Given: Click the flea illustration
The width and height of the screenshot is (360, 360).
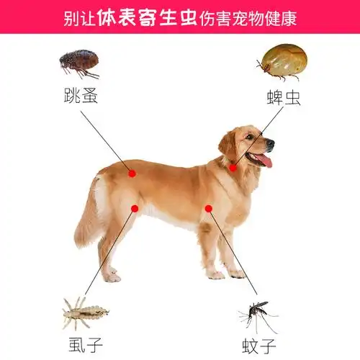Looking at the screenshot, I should [79, 63].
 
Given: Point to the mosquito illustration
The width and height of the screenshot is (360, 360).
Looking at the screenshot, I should [256, 316].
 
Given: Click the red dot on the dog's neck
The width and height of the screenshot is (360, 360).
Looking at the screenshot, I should [233, 168].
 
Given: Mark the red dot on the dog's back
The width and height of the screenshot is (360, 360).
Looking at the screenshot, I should [132, 173].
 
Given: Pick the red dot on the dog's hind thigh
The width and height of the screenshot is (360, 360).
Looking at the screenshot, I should [135, 208].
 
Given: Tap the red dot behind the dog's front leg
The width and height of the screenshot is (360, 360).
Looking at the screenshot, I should [208, 208].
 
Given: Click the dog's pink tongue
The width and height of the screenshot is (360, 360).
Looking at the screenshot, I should [264, 160].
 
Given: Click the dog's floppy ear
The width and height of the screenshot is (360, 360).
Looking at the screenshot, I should [229, 144].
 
